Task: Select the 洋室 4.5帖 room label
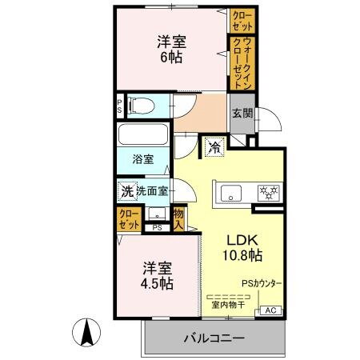click(158, 274)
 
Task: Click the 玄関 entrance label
click(242, 114)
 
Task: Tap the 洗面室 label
click(151, 191)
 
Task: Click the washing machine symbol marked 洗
click(126, 191)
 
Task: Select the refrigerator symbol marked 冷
click(214, 146)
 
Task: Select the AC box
click(270, 310)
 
